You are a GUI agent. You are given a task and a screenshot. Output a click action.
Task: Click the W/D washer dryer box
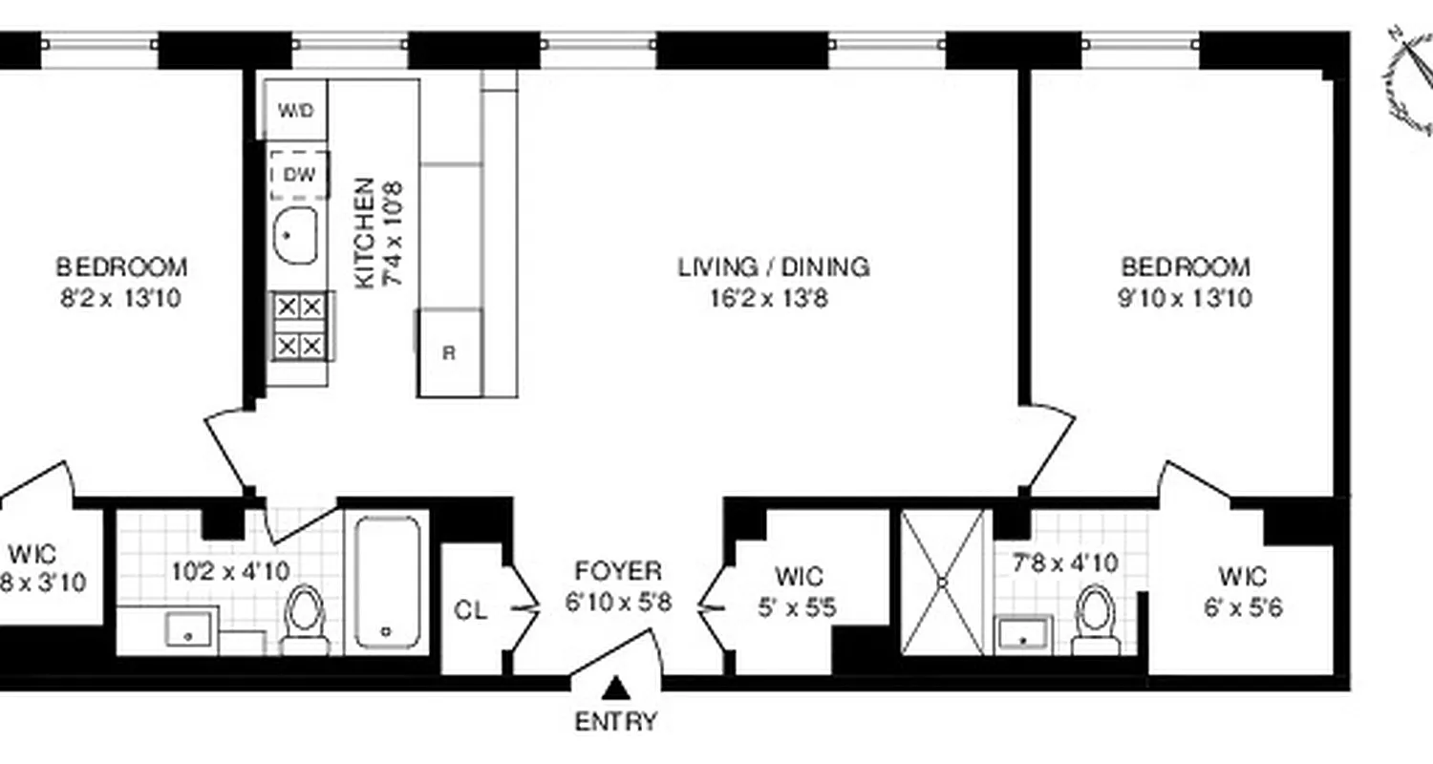[x=296, y=111]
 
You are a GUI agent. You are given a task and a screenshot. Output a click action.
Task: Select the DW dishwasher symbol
[x=299, y=176]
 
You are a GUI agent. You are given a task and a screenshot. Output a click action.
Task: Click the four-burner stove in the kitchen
[x=300, y=326]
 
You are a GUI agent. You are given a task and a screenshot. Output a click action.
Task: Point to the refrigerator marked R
[x=449, y=352]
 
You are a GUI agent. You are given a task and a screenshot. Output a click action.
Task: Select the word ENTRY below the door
[x=616, y=722]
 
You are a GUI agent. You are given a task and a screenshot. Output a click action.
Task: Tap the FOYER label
[x=618, y=572]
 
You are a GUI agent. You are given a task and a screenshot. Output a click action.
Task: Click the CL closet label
[x=472, y=610]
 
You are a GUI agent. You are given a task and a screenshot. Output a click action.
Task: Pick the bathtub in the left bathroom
[x=387, y=583]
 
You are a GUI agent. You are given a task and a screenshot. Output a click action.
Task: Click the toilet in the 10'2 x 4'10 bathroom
[x=306, y=616]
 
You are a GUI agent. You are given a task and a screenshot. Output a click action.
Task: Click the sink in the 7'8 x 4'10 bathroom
[x=1024, y=633]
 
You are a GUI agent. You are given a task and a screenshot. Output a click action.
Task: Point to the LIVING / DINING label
[x=774, y=266]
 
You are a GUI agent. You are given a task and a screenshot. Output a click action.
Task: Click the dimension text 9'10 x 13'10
[x=1185, y=299]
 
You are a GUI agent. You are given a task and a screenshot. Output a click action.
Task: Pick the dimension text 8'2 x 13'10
[x=120, y=299]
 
